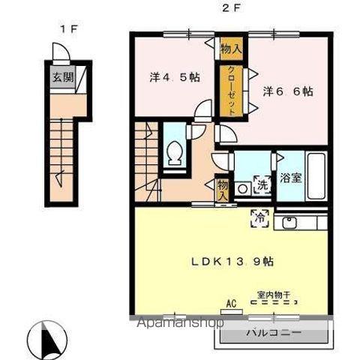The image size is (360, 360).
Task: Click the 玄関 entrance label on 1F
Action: (x=63, y=77)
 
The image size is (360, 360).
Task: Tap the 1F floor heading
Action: (x=67, y=29)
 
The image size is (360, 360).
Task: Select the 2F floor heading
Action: (x=231, y=8)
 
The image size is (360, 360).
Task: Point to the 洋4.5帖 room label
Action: (x=175, y=77)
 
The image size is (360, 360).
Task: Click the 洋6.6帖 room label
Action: (x=288, y=91)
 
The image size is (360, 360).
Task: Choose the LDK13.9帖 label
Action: (x=232, y=262)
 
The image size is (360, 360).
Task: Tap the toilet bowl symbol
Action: (x=175, y=153)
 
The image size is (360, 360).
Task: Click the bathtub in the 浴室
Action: (x=316, y=175)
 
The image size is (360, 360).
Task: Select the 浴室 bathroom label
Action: (x=291, y=178)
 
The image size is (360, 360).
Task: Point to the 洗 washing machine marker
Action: (x=262, y=185)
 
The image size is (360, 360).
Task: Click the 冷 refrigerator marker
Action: (x=260, y=218)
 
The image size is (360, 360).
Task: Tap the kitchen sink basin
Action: (x=289, y=223)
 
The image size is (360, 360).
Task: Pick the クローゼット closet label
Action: (x=231, y=91)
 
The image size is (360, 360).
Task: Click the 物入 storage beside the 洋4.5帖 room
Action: (x=231, y=49)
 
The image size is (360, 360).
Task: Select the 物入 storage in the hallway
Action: (x=222, y=190)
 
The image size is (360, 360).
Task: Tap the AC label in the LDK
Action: (x=231, y=304)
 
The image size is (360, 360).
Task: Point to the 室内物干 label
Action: (x=274, y=295)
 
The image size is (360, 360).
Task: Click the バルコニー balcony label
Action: (x=274, y=333)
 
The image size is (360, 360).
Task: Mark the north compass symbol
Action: (x=47, y=340)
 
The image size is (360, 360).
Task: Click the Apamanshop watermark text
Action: (x=181, y=322)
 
